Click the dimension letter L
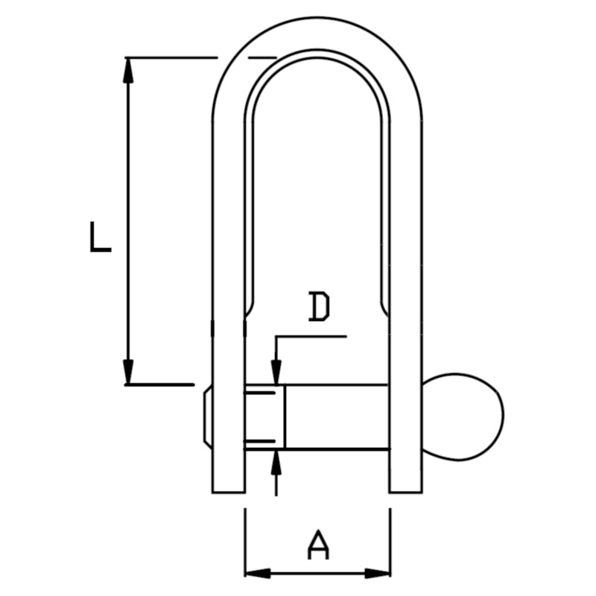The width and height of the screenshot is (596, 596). pos(100,237)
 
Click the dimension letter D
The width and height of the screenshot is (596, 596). pos(319,308)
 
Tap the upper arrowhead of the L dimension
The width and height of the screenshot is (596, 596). pos(129,69)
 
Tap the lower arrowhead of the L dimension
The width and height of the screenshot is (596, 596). pos(129,372)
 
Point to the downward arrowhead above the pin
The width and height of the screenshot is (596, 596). pos(276,372)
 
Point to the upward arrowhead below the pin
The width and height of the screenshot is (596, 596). pos(276,461)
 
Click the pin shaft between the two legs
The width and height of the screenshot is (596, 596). pos(335,416)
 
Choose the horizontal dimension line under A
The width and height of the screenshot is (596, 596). pos(317,573)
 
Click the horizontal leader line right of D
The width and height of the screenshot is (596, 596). pos(313,337)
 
